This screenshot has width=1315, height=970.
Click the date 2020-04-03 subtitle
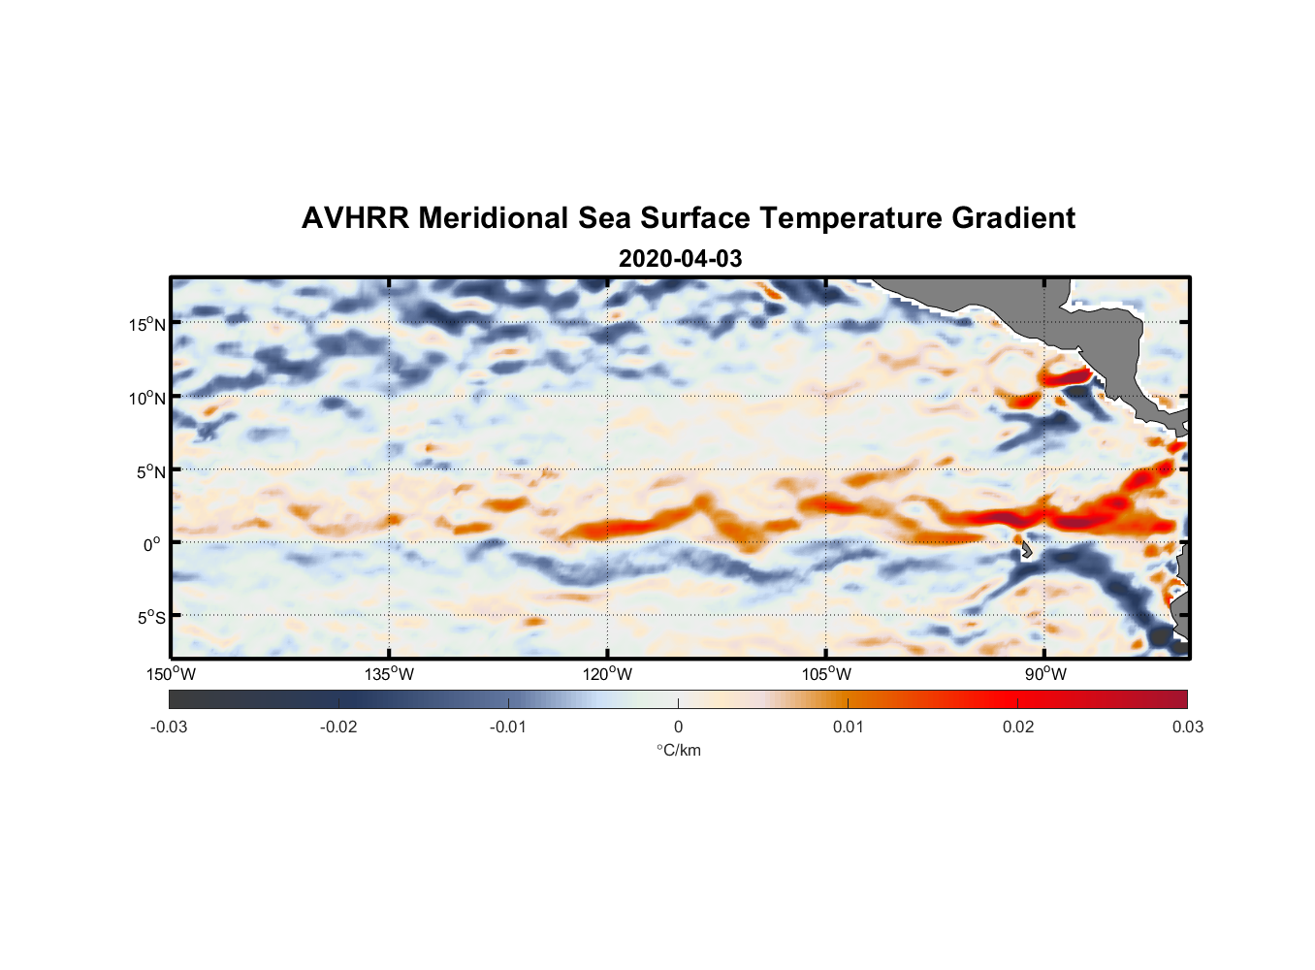pos(680,259)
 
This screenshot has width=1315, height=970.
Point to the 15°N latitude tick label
pos(147,324)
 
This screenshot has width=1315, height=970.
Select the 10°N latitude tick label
pos(147,398)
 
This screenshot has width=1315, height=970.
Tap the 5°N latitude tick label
pos(150,471)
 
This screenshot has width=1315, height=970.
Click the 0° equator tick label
pos(152,545)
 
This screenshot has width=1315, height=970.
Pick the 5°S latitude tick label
pos(150,618)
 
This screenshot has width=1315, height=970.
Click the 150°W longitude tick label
pos(171,674)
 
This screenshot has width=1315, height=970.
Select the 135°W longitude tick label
pos(389,674)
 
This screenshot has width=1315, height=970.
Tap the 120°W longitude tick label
pos(607,674)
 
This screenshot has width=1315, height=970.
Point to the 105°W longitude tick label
pos(826,674)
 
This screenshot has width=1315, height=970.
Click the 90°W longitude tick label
pos(1045,674)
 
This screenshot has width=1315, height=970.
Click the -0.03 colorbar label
pos(169,727)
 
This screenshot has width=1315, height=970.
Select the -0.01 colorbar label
pos(508,727)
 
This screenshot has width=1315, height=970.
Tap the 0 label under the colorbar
pos(678,727)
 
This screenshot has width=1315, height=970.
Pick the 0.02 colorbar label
pos(1017,727)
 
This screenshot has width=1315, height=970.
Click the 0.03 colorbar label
pos(1187,727)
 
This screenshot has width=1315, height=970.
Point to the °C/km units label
pos(678,750)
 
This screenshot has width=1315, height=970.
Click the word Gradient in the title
pos(1013,218)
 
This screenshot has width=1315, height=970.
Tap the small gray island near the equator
pos(1025,550)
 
